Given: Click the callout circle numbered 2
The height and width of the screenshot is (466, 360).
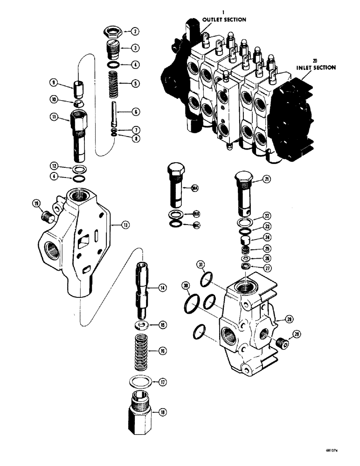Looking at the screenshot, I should pyautogui.click(x=135, y=32).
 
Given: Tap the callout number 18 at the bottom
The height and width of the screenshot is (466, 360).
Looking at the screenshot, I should pyautogui.click(x=162, y=412).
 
